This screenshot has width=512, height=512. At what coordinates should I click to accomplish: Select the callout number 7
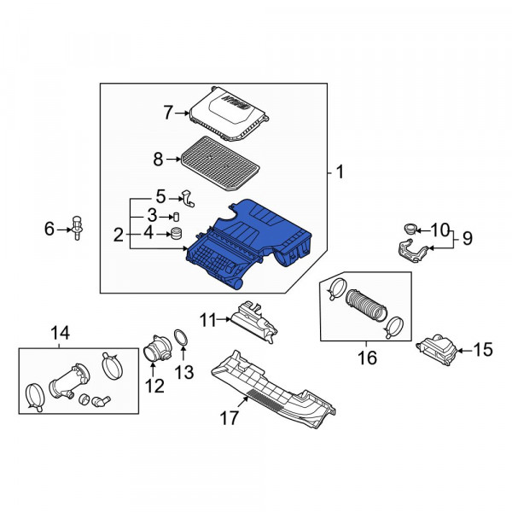point(168,111)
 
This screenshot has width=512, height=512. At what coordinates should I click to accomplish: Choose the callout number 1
point(340,172)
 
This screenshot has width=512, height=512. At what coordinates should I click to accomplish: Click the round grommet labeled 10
point(409,228)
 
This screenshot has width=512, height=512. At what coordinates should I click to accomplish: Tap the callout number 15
point(483,348)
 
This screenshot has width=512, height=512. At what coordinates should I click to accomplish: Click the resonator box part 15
point(438,348)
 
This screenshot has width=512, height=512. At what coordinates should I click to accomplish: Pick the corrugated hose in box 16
point(364,304)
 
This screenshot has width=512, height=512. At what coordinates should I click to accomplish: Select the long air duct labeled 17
point(273,388)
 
